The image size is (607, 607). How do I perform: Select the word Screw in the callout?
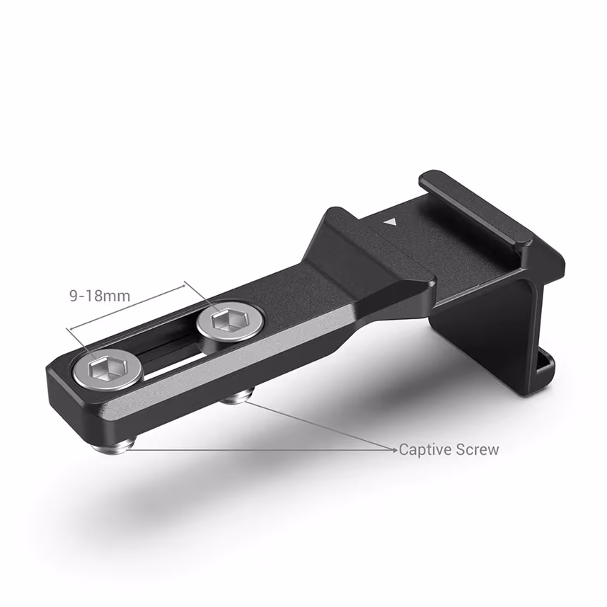(x=475, y=450)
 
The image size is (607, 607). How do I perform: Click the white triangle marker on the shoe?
(x=390, y=221)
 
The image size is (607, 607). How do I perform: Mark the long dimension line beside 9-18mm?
(x=127, y=306)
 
